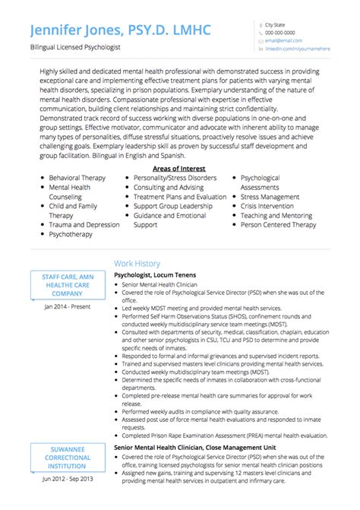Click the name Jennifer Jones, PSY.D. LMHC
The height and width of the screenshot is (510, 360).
pos(121,30)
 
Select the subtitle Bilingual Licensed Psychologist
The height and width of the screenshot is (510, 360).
pos(74,47)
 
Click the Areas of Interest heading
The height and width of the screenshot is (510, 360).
pos(178,168)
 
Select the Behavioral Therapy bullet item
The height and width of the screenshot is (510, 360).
pos(77,177)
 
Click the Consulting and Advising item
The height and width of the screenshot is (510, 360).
pos(168,187)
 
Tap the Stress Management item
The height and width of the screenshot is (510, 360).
pos(270,196)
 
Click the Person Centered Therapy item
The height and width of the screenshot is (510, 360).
pos(278,225)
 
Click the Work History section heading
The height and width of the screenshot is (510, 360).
pos(137,263)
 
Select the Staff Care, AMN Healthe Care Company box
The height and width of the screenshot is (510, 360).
pos(68,284)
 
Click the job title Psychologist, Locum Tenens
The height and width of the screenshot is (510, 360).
pos(155,274)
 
